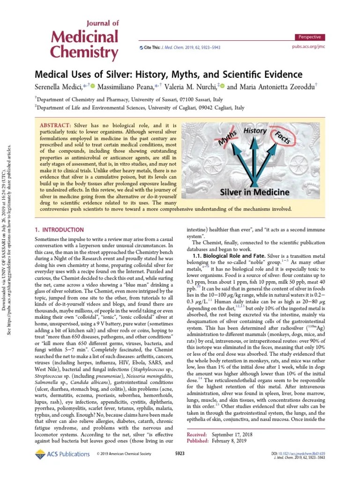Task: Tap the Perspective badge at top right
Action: click(x=310, y=37)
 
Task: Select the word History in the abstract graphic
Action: click(x=255, y=131)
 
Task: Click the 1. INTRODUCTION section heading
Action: click(x=60, y=230)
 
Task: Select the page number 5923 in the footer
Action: click(x=180, y=454)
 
